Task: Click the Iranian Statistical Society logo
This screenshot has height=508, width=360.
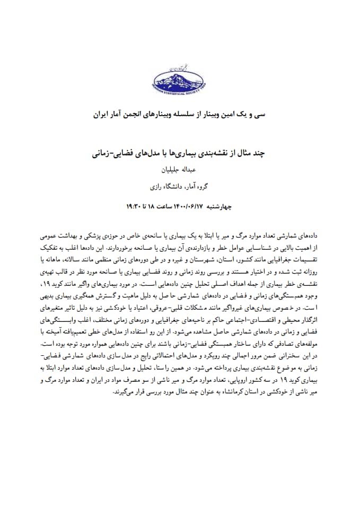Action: click(x=180, y=80)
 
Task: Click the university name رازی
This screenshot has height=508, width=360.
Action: click(x=159, y=186)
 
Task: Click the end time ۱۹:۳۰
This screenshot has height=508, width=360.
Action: click(x=133, y=205)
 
